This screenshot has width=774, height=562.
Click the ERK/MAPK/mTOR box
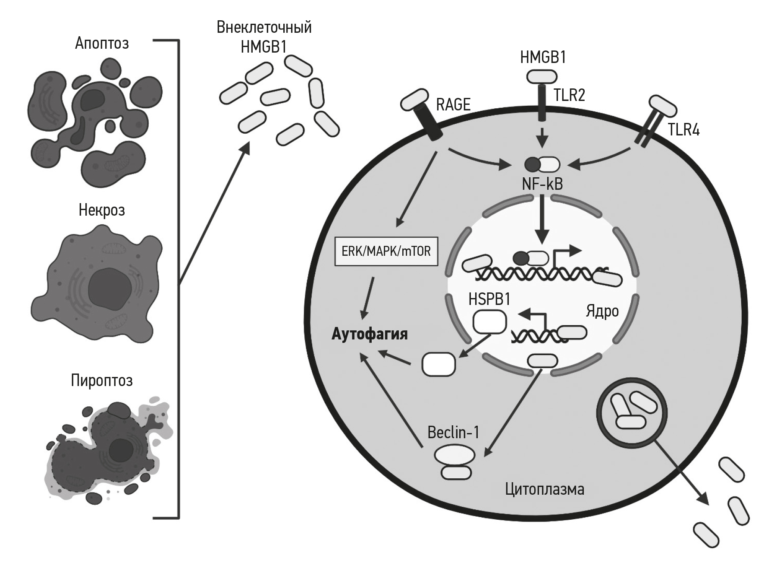click(386, 251)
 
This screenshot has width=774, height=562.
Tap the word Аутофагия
click(370, 334)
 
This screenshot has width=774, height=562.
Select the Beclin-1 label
click(453, 432)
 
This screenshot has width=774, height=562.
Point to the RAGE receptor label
click(453, 104)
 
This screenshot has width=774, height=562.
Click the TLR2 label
click(569, 95)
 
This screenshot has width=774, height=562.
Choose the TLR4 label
click(683, 129)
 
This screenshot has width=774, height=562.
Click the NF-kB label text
click(542, 184)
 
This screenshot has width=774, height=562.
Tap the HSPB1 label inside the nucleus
click(489, 299)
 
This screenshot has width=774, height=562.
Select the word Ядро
click(602, 311)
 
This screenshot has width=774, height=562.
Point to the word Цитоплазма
click(545, 489)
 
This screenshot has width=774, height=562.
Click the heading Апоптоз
click(102, 43)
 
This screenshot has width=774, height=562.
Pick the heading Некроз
click(102, 210)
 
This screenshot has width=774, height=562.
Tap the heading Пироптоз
click(102, 380)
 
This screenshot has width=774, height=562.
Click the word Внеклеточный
click(264, 27)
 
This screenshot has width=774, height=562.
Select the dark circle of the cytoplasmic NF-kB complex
click(532, 164)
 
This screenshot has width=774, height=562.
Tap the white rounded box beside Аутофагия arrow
click(439, 364)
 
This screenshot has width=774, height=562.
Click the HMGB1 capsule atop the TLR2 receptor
click(542, 77)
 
